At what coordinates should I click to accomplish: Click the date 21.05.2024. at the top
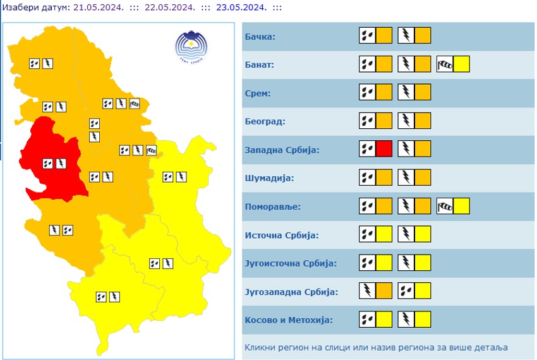[97, 7]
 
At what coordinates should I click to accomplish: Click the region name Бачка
[260, 37]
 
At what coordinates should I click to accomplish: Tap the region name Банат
[260, 65]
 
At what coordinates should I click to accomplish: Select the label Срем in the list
[258, 93]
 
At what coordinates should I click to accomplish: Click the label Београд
[265, 121]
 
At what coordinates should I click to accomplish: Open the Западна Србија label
[282, 150]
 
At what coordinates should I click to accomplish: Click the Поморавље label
[272, 207]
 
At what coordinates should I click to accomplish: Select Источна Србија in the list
[281, 236]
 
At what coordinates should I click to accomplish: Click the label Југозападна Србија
[291, 292]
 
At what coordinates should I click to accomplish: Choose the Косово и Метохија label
[289, 320]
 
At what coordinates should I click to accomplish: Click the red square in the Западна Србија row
[384, 149]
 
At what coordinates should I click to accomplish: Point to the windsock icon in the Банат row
[445, 64]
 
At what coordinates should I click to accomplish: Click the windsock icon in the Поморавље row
[445, 206]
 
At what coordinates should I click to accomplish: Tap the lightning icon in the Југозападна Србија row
[367, 291]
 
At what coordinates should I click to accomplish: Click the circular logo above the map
[191, 45]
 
